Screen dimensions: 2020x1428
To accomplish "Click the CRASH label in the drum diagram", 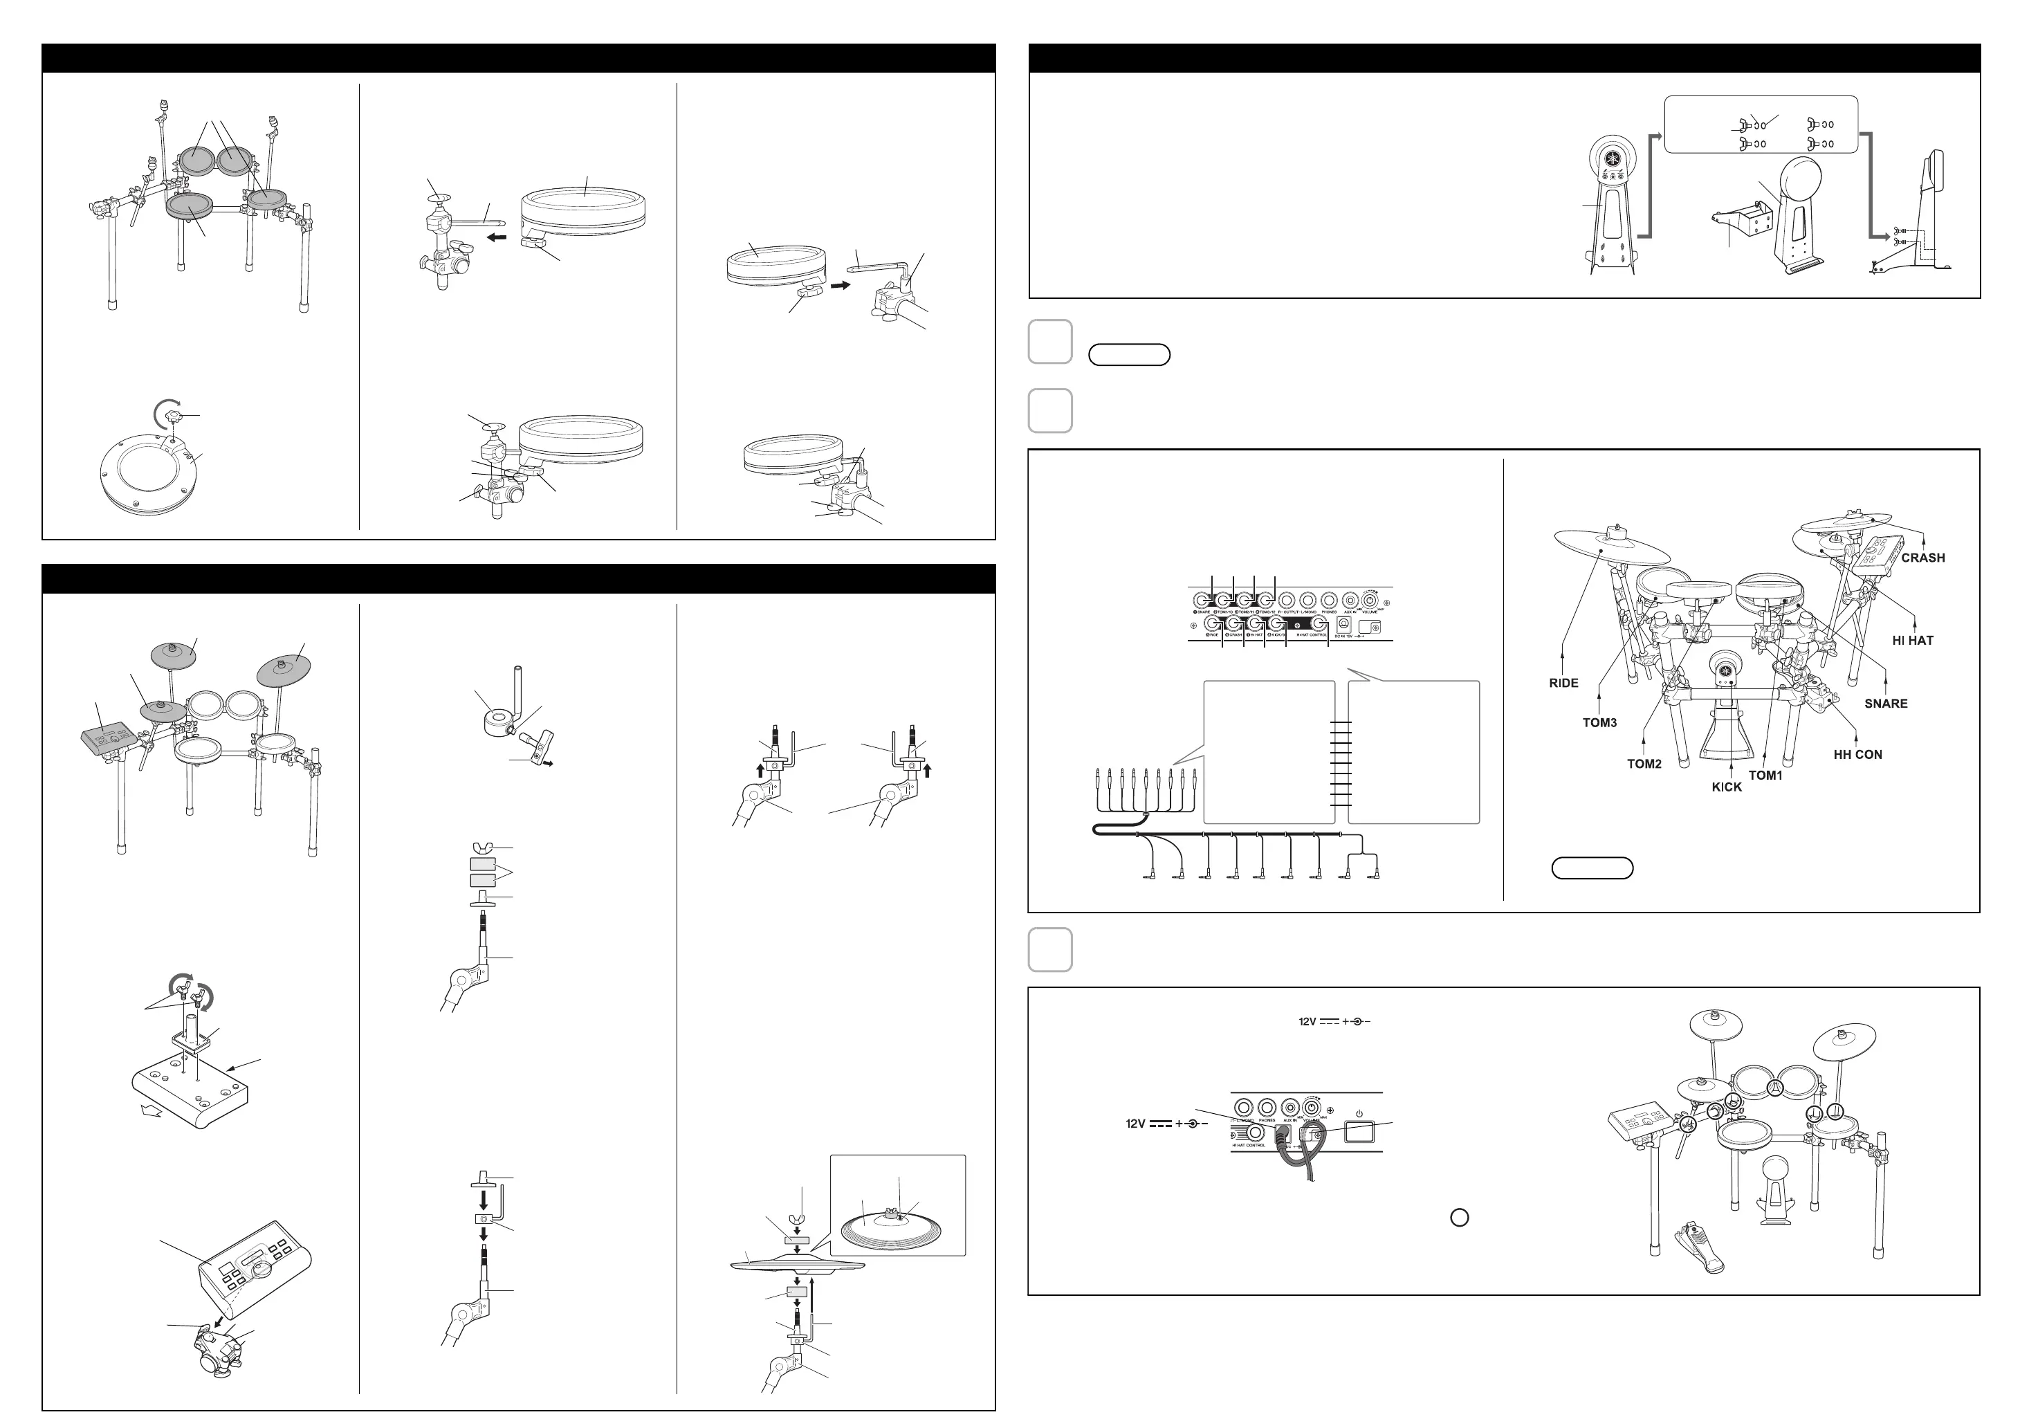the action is [x=1922, y=558].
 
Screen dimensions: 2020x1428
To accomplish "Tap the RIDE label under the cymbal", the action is [x=1563, y=683].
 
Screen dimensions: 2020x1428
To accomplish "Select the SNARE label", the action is [x=1885, y=704].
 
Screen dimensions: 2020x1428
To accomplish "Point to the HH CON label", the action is [x=1857, y=755].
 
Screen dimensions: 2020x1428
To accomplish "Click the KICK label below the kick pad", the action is [x=1726, y=787].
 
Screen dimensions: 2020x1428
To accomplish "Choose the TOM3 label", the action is [x=1599, y=723].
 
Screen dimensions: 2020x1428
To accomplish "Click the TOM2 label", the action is [x=1644, y=764].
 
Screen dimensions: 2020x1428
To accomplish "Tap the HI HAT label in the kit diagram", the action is [x=1913, y=641].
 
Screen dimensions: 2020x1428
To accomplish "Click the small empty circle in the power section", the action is [x=1459, y=1218].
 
